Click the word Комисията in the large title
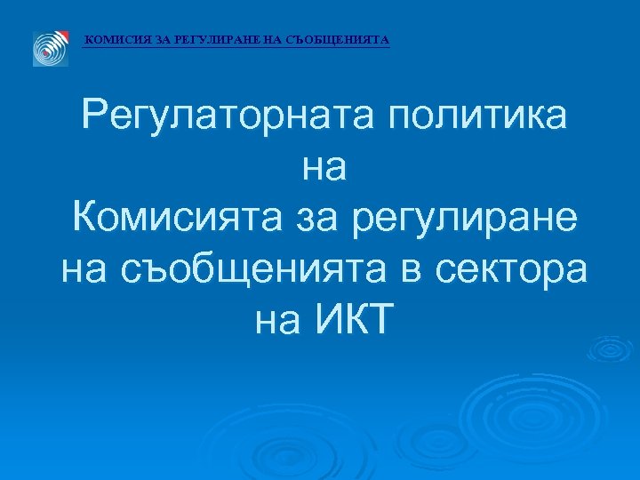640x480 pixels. (174, 216)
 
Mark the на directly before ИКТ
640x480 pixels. (279, 317)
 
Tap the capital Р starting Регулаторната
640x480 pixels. (93, 116)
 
